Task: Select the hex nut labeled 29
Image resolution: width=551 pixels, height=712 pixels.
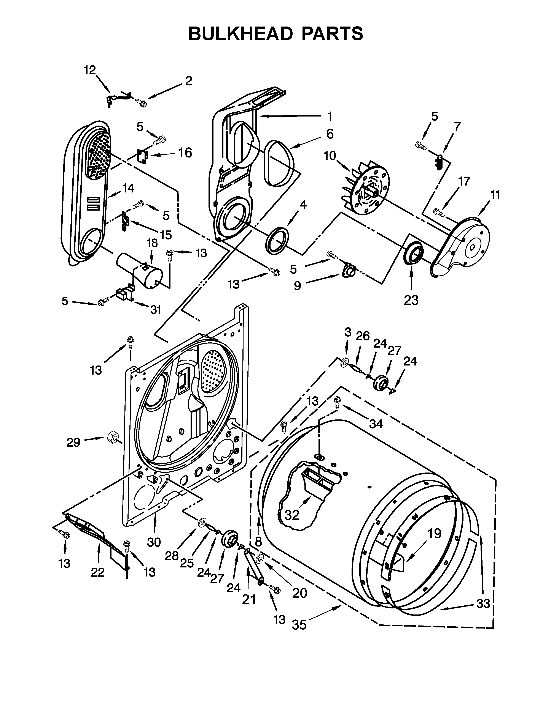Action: tap(112, 436)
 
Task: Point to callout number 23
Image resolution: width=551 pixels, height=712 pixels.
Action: tap(411, 300)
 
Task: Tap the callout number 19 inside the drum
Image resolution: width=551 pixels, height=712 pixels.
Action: tap(434, 534)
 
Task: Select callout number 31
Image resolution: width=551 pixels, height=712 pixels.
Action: tap(156, 309)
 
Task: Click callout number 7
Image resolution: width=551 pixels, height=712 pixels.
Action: tap(457, 126)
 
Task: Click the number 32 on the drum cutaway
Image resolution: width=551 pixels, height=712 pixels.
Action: tap(292, 515)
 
